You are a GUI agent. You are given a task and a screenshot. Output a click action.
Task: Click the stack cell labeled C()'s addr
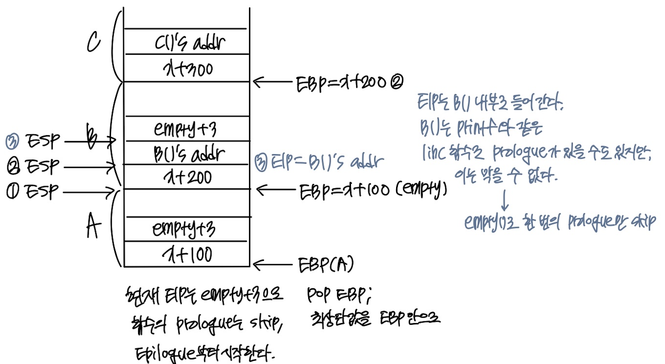tap(186, 43)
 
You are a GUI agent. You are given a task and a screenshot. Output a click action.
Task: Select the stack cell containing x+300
tap(186, 69)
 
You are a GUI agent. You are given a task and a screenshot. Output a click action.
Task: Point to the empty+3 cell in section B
tap(186, 130)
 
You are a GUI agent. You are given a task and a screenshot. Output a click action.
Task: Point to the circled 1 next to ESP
tap(13, 192)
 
